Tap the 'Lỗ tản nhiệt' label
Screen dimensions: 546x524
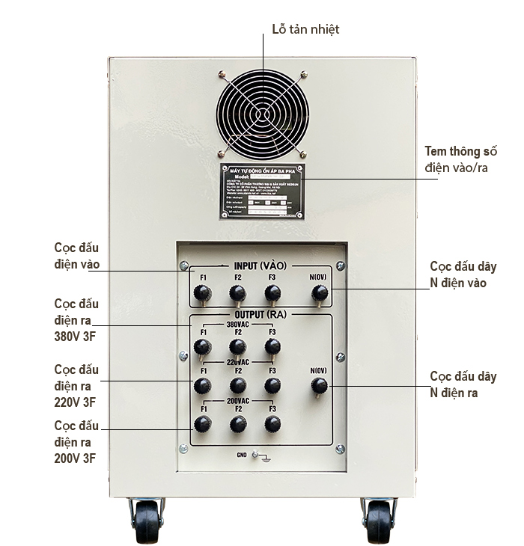tap(305, 29)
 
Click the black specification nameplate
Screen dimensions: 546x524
tap(262, 191)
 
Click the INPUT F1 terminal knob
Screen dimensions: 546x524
tap(201, 293)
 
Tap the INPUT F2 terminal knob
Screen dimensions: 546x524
tap(238, 293)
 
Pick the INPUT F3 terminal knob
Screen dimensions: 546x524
tap(273, 293)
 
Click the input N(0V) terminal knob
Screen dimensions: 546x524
tap(319, 293)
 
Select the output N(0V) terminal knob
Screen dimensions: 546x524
tap(319, 386)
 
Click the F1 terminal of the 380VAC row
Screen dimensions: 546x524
tap(202, 347)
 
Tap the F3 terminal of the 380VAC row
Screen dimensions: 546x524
tap(273, 347)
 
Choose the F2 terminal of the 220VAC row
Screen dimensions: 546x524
tap(238, 386)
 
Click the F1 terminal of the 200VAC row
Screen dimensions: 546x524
tap(202, 425)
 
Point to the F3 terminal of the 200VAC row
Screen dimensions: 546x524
tap(273, 425)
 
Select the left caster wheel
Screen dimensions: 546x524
tap(147, 521)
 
